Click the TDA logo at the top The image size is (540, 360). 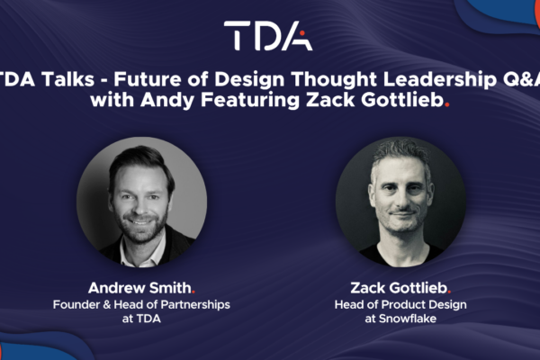click(x=268, y=35)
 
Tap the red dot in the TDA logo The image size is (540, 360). click(x=302, y=33)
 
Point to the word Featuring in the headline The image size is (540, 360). click(x=251, y=100)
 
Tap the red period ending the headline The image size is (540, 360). click(x=447, y=104)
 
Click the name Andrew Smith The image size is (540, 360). click(x=139, y=288)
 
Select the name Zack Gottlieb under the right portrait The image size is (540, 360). click(x=399, y=288)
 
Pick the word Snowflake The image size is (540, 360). click(x=408, y=319)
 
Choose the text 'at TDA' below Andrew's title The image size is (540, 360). click(x=141, y=319)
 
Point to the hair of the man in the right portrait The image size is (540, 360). click(x=400, y=155)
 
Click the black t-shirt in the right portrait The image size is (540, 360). click(x=401, y=253)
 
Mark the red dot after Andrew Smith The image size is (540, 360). click(x=193, y=292)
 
